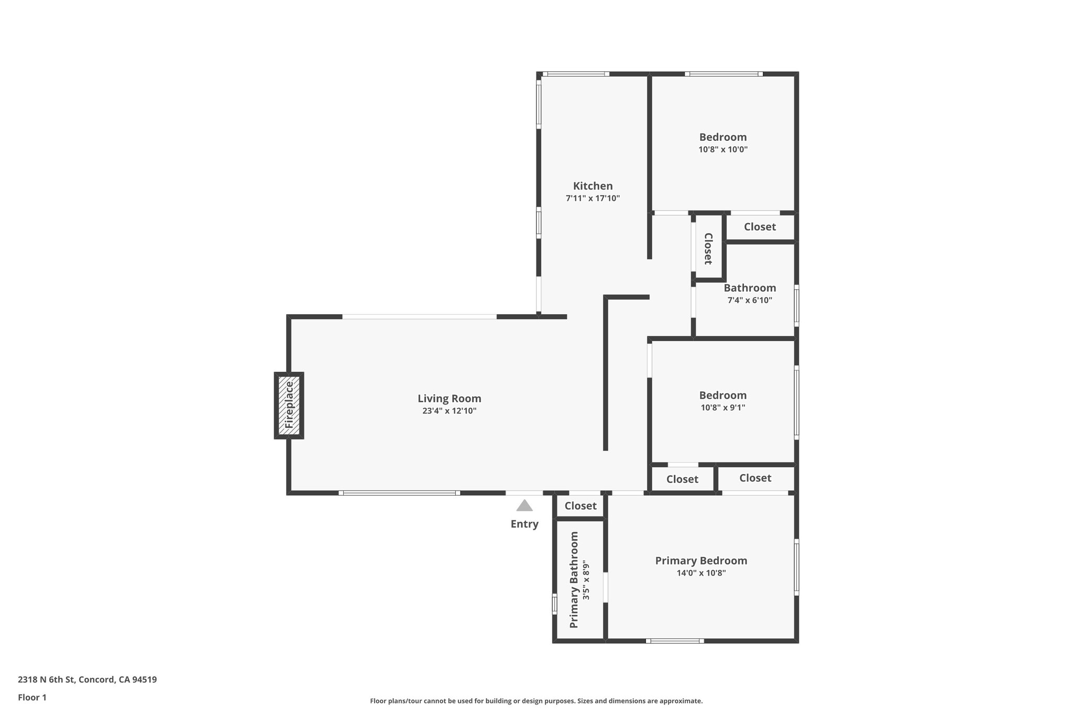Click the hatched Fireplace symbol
pyautogui.click(x=289, y=405)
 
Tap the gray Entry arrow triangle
pyautogui.click(x=524, y=505)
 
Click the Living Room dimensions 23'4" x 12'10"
pyautogui.click(x=449, y=411)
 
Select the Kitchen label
pyautogui.click(x=593, y=186)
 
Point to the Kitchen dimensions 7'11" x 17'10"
pyautogui.click(x=593, y=199)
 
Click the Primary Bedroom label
pyautogui.click(x=701, y=560)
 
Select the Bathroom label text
pyautogui.click(x=750, y=288)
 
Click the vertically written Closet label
pyautogui.click(x=708, y=248)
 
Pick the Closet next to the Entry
pyautogui.click(x=581, y=506)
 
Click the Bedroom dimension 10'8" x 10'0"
pyautogui.click(x=722, y=149)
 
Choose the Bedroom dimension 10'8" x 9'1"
pyautogui.click(x=722, y=408)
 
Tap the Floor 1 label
pyautogui.click(x=32, y=697)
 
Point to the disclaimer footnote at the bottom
pyautogui.click(x=536, y=701)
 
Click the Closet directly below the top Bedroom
pyautogui.click(x=760, y=227)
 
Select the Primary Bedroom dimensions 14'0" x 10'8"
pyautogui.click(x=701, y=573)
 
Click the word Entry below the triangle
pyautogui.click(x=524, y=524)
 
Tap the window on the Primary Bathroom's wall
pyautogui.click(x=554, y=603)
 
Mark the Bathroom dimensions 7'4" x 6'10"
pyautogui.click(x=750, y=300)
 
